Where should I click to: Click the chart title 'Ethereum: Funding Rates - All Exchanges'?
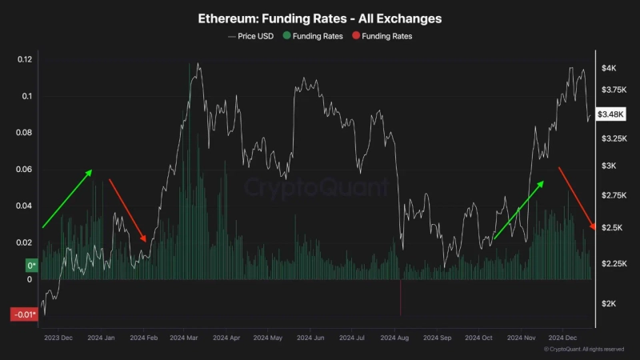319,18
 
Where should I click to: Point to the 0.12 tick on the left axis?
25,60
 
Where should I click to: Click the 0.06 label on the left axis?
25,170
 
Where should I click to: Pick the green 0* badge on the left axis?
32,265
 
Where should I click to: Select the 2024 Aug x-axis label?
395,338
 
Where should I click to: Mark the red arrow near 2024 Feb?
127,210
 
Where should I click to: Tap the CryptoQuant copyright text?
583,350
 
